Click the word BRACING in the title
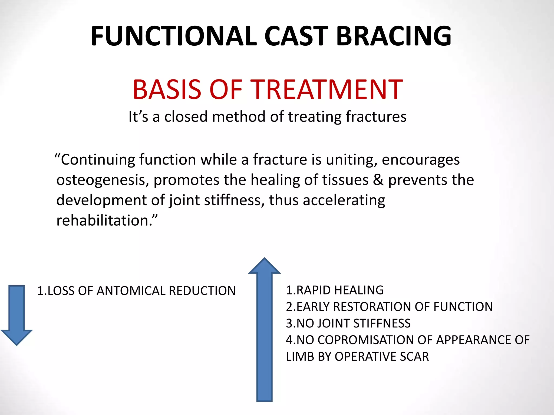(394, 36)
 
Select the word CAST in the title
(296, 36)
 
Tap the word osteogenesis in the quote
(103, 180)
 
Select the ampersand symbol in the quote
(378, 180)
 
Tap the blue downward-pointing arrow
(17, 315)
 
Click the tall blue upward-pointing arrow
(264, 330)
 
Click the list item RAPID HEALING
(340, 290)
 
